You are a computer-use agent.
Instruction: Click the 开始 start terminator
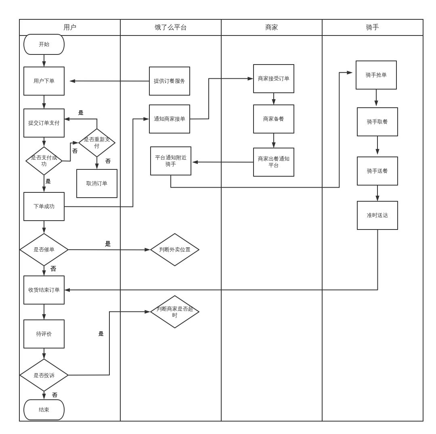(44, 44)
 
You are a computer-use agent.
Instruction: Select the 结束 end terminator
(44, 410)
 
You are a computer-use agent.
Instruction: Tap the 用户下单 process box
(44, 81)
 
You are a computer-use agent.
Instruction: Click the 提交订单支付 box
(44, 123)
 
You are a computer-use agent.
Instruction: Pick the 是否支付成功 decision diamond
(44, 161)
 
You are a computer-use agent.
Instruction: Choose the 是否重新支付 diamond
(97, 142)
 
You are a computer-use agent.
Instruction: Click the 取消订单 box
(97, 184)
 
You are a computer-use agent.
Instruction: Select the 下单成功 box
(44, 207)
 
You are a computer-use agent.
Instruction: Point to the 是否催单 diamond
(44, 250)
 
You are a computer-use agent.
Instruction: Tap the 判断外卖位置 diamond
(175, 250)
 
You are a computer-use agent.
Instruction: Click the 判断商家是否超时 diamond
(175, 312)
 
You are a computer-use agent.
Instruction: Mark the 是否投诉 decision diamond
(44, 375)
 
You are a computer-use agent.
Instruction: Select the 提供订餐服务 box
(170, 81)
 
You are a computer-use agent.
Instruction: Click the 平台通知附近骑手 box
(171, 161)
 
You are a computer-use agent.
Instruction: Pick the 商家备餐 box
(274, 119)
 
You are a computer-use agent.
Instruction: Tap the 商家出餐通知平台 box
(274, 162)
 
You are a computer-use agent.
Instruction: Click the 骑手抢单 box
(376, 75)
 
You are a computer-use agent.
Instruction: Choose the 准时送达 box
(377, 215)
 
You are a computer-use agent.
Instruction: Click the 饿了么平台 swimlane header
(171, 27)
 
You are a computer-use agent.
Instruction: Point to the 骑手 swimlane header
(373, 27)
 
